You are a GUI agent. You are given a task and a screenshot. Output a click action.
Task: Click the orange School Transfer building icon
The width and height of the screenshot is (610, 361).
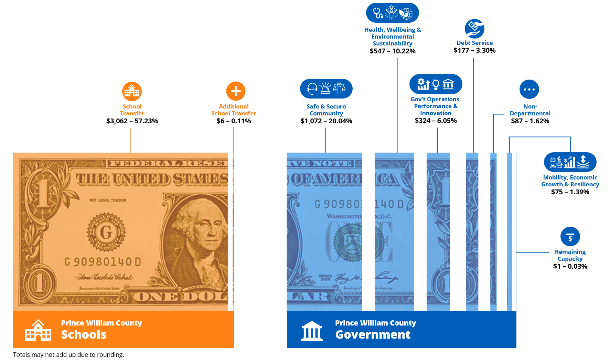point(132,91)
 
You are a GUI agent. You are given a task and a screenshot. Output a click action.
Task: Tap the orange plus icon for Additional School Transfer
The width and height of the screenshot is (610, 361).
point(236,91)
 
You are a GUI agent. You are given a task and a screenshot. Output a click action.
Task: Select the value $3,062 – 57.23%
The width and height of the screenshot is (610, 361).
point(132,121)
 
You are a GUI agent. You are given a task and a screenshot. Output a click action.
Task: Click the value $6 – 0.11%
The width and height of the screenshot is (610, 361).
point(234,121)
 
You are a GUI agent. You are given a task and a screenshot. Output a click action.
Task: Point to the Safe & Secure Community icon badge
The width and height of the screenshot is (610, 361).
point(326,89)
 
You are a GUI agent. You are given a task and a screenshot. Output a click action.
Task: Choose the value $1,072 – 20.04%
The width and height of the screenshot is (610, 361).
point(326,121)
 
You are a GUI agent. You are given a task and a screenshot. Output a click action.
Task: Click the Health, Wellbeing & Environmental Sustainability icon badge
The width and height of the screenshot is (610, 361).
point(392,13)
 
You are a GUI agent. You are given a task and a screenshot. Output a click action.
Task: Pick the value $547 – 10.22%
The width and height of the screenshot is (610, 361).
point(393,51)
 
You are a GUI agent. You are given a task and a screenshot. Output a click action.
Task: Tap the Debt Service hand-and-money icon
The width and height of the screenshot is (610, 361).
point(474,29)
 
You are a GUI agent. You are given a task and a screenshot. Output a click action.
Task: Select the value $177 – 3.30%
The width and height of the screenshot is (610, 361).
point(474,50)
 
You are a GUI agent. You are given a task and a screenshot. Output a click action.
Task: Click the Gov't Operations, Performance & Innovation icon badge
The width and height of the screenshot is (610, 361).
point(436,84)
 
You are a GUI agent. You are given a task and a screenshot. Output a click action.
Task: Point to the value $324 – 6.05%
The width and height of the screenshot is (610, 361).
point(436,121)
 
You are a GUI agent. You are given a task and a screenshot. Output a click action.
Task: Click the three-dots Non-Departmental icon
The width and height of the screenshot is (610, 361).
point(529,89)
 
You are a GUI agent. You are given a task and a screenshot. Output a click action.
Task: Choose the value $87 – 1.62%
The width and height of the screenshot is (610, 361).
point(530,121)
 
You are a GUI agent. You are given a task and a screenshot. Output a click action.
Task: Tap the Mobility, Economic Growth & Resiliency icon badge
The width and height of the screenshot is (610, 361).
point(570,162)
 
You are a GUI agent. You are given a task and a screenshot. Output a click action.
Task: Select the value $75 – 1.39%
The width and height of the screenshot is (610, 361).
point(570,192)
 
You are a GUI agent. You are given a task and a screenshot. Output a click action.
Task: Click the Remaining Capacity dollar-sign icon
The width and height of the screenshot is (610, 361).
point(570,237)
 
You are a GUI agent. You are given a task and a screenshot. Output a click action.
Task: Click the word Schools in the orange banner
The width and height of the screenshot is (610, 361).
point(84,334)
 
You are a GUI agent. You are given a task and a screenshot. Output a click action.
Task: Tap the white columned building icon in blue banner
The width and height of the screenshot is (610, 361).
point(312,331)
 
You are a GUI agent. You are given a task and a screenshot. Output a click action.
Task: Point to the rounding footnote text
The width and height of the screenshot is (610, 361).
point(68,354)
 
